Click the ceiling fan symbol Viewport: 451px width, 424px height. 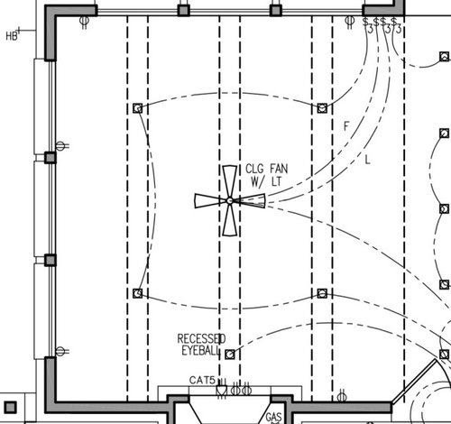(x=230, y=200)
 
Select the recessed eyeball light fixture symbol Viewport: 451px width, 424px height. (x=230, y=355)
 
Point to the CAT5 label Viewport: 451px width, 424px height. (x=202, y=381)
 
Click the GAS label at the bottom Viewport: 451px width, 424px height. (x=274, y=418)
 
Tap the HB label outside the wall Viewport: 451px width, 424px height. (x=12, y=36)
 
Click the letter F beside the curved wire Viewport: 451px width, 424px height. (x=345, y=125)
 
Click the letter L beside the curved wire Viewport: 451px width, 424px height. (x=368, y=160)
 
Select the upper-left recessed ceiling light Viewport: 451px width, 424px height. (x=137, y=107)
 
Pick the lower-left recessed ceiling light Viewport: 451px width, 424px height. (x=137, y=294)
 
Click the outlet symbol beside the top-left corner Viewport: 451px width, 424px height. (x=84, y=19)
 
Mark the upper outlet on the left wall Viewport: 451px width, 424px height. (x=60, y=145)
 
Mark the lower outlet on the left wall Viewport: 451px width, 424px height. (x=60, y=350)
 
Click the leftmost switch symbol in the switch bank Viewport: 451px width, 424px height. (x=366, y=21)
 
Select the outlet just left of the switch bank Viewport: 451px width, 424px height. (x=347, y=19)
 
